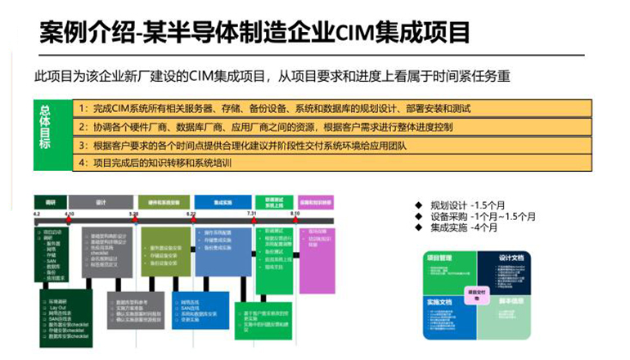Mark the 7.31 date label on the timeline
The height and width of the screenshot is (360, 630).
[x=252, y=214]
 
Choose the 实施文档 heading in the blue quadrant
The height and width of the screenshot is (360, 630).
[x=439, y=302]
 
